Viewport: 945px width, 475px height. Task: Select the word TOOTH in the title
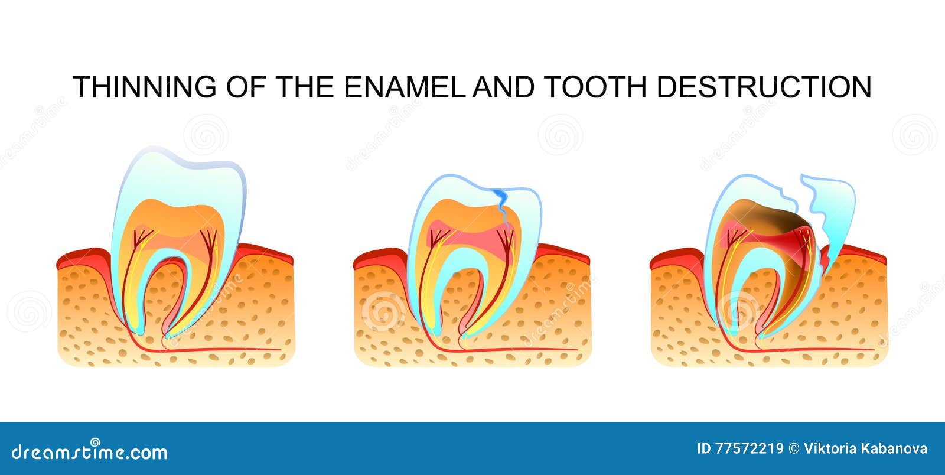(x=594, y=87)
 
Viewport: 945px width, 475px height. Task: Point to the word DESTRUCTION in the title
(x=764, y=87)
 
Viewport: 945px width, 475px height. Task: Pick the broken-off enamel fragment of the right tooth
(x=833, y=213)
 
